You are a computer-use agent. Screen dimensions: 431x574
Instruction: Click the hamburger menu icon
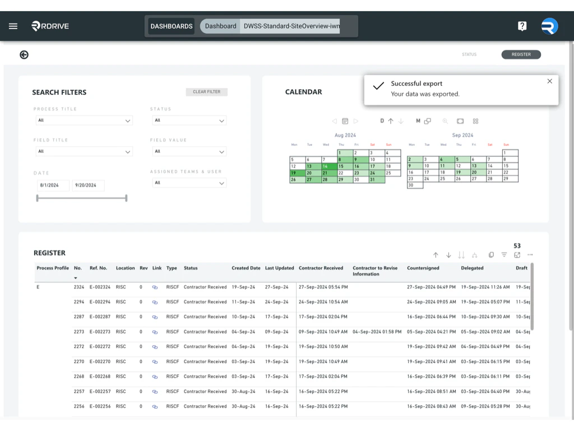(13, 26)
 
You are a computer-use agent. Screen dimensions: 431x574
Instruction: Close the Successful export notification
(549, 81)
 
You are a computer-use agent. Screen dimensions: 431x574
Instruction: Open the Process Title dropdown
(84, 120)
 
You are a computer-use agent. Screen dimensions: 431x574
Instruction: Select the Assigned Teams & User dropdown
(189, 183)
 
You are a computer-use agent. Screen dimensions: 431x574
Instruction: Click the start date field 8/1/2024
(52, 185)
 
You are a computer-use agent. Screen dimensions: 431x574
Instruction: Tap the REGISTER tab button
(521, 54)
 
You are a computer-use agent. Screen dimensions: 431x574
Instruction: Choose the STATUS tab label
(469, 54)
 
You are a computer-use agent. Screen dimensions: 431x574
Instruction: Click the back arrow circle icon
(24, 54)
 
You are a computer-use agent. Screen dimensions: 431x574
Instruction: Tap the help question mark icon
(522, 26)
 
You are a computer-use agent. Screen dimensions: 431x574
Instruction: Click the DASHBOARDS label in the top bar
(172, 26)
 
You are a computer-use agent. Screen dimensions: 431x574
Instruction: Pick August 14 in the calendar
(325, 167)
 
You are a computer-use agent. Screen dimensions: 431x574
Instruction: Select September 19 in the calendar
(459, 173)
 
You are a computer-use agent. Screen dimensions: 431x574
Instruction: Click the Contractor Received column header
(321, 268)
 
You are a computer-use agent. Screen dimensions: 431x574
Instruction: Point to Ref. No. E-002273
(100, 332)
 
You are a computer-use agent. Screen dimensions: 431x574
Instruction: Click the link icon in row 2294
(155, 302)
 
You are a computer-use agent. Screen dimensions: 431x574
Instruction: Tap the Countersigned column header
(423, 268)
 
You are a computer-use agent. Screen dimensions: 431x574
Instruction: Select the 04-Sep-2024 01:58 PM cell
(377, 332)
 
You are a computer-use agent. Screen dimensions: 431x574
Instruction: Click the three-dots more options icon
(530, 255)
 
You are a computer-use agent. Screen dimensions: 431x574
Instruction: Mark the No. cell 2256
(78, 406)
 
